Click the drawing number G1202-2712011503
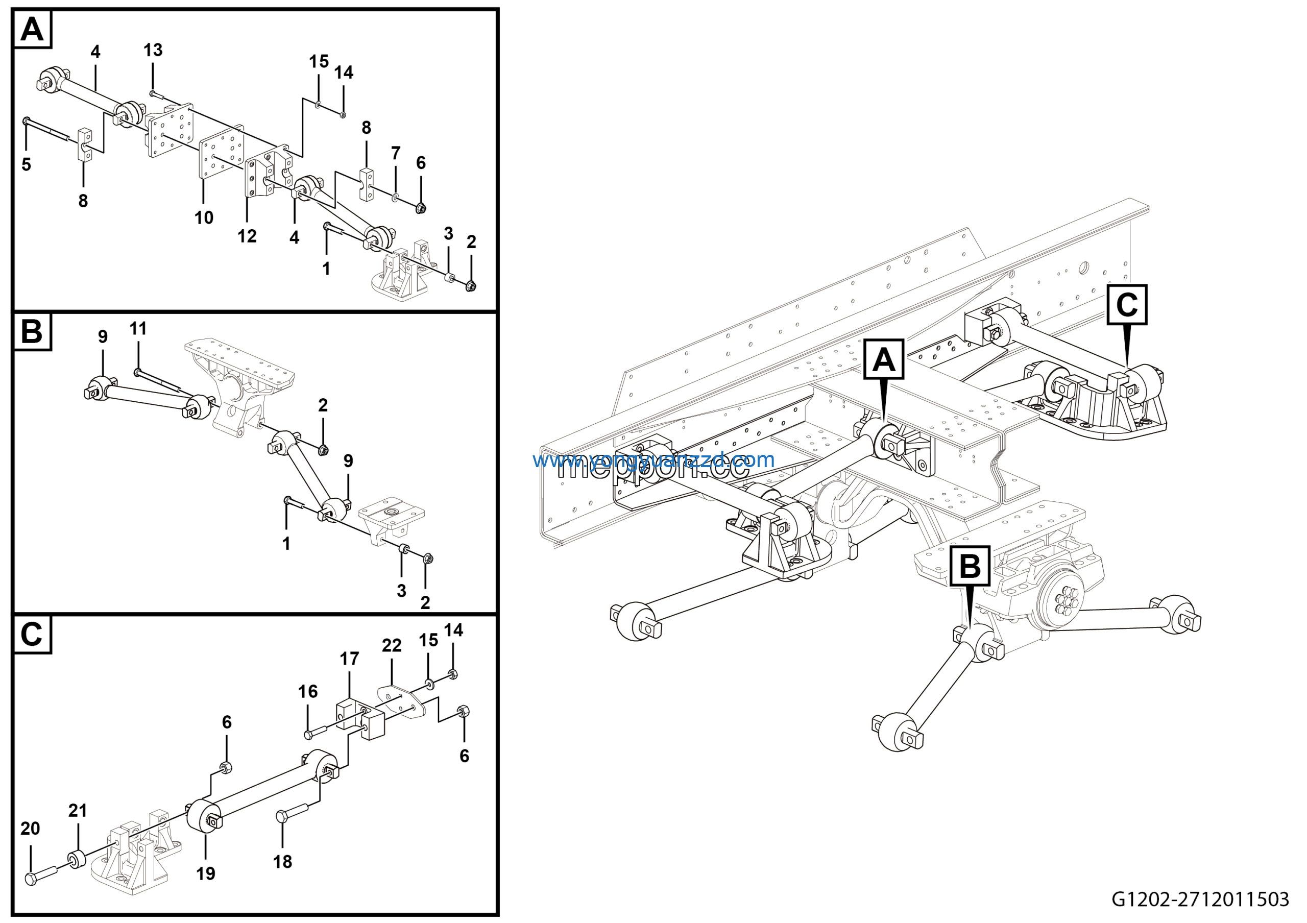tap(1200, 899)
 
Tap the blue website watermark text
tap(653, 459)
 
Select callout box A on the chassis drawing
tap(883, 359)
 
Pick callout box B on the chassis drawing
tap(970, 566)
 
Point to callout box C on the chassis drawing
tap(1127, 304)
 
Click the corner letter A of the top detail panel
tap(32, 29)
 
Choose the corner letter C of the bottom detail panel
tap(32, 634)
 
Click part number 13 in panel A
tap(153, 50)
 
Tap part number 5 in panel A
tap(26, 164)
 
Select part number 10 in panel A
tap(204, 217)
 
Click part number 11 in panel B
tap(138, 328)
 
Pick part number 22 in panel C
tap(392, 645)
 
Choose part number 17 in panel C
tap(350, 659)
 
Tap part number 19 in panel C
tap(206, 873)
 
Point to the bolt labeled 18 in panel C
tap(292, 812)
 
